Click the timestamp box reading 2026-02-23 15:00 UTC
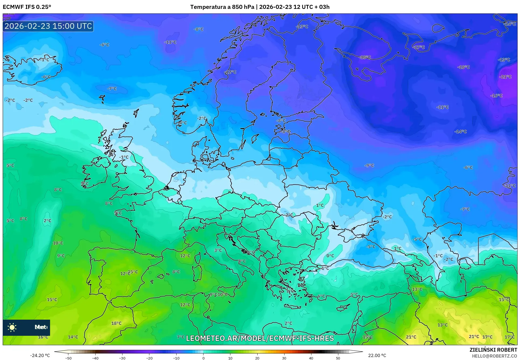[48, 26]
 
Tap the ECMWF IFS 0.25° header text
[27, 7]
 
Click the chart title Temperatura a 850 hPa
[222, 7]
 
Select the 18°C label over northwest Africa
[116, 323]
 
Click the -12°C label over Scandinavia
[231, 72]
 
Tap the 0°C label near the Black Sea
[330, 256]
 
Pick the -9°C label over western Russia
[369, 165]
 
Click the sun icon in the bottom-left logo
[12, 327]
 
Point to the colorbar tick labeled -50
[68, 358]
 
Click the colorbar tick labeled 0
[203, 358]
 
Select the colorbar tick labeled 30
[284, 358]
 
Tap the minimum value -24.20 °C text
[40, 355]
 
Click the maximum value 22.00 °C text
[377, 355]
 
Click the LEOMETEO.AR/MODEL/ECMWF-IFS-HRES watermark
[260, 338]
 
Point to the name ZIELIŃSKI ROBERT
[493, 350]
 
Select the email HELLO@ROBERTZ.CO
[494, 356]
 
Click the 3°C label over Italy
[218, 250]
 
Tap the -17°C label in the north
[419, 47]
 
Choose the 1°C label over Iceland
[45, 60]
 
